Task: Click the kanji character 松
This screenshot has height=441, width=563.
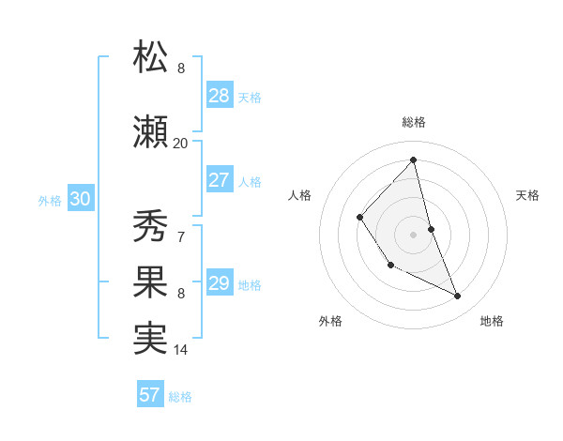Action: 151,57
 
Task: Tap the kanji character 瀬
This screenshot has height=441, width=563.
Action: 151,132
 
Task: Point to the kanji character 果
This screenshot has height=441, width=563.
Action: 151,282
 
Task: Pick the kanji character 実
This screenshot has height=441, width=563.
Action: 151,339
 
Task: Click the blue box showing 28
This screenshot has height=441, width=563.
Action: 219,96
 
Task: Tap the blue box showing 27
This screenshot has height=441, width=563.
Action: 219,181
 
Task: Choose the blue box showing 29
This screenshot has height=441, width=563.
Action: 219,284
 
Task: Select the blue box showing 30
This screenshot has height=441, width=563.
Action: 80,199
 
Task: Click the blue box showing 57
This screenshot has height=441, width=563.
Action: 150,395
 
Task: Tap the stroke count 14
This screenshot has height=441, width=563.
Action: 180,350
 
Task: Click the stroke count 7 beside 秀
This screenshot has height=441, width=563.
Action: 180,236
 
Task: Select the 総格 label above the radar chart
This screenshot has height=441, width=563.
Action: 414,122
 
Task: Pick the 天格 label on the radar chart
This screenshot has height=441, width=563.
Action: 527,195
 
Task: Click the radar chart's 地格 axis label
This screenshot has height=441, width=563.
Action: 492,321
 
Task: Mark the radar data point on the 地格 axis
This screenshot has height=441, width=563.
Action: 458,297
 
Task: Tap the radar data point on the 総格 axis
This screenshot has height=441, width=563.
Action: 414,160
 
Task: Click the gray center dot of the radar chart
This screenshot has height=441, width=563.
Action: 414,234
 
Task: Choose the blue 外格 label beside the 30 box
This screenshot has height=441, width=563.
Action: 49,200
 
